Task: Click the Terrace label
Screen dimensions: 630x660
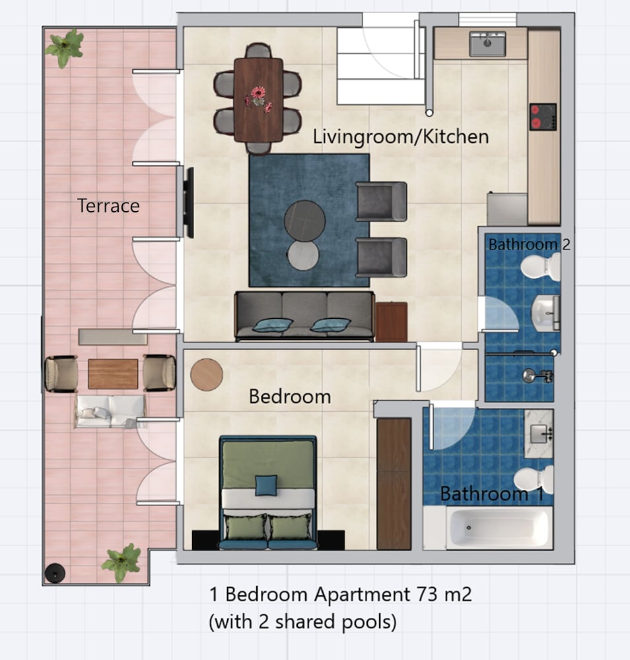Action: pyautogui.click(x=108, y=206)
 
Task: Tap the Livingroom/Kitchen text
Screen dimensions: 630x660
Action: pyautogui.click(x=400, y=137)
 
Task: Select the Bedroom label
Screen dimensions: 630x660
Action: pyautogui.click(x=290, y=397)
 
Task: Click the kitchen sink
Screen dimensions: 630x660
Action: pyautogui.click(x=487, y=44)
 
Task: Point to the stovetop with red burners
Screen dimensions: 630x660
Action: pyautogui.click(x=543, y=117)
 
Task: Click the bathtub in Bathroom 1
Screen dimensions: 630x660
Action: pyautogui.click(x=499, y=528)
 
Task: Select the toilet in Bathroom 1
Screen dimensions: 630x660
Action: pyautogui.click(x=534, y=479)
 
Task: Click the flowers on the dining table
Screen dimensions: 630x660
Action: pyautogui.click(x=259, y=98)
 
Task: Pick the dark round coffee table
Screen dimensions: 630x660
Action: pyautogui.click(x=304, y=220)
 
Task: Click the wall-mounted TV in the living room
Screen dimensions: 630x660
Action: pyautogui.click(x=189, y=203)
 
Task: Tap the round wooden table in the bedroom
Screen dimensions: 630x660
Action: pyautogui.click(x=206, y=375)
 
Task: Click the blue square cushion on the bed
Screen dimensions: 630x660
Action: pyautogui.click(x=266, y=485)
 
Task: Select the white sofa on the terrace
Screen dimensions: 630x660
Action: pyautogui.click(x=110, y=411)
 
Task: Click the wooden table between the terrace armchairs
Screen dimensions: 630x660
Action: pyautogui.click(x=113, y=374)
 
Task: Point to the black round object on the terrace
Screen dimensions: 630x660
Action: pyautogui.click(x=55, y=573)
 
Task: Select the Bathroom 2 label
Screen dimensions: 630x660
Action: pyautogui.click(x=530, y=245)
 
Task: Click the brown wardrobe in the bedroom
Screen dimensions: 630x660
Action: pyautogui.click(x=394, y=484)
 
